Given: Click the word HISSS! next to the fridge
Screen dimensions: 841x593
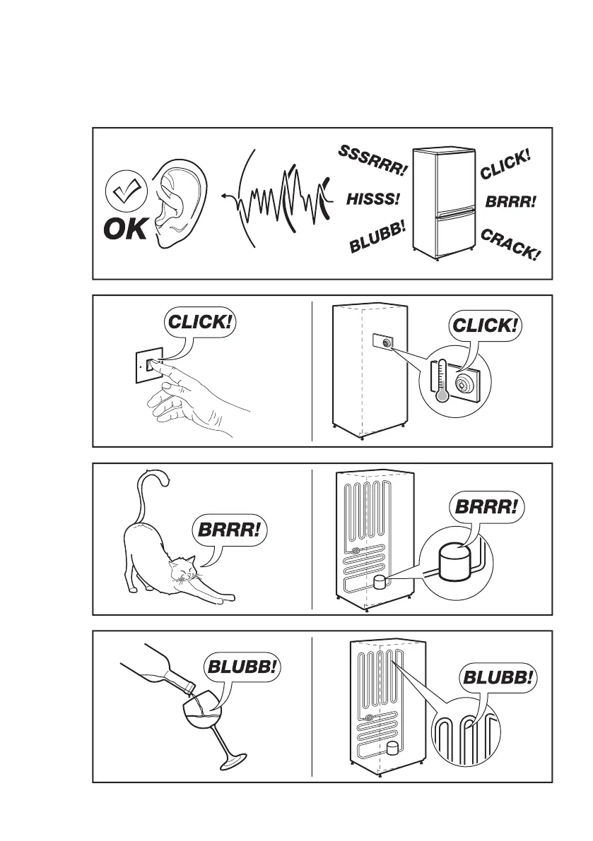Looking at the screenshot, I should (373, 200).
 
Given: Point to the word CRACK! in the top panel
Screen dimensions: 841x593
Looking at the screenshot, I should (510, 244).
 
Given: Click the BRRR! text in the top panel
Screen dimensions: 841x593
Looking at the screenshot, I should (511, 201).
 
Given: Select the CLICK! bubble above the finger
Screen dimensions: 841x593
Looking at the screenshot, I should (199, 323).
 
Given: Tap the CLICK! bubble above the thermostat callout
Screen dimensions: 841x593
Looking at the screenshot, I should (485, 326).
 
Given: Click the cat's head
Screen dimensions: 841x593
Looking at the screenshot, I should (184, 566).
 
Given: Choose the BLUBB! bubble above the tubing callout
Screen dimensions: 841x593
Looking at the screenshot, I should (498, 679).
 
